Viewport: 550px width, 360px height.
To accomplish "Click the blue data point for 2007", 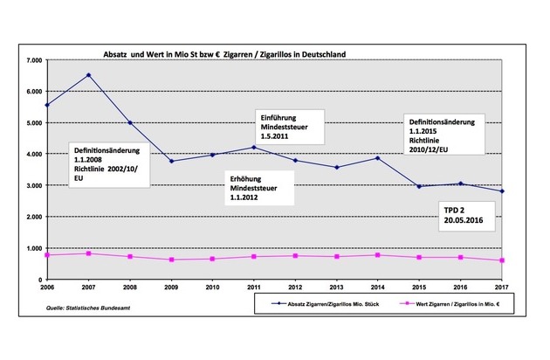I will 88,75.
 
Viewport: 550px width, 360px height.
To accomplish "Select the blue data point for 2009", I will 171,161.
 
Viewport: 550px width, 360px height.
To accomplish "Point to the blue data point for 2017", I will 501,191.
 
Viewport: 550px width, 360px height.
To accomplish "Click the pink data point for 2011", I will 253,256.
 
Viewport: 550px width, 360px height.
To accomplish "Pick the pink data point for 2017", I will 501,260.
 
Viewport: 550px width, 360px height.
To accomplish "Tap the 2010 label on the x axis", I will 212,287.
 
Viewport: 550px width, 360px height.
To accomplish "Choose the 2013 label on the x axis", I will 336,287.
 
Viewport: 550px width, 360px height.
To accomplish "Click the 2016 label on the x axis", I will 460,287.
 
